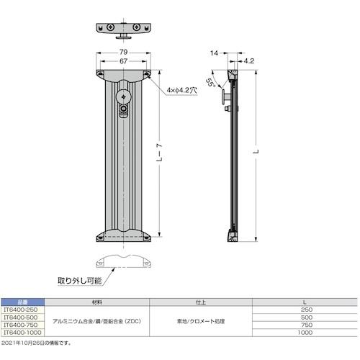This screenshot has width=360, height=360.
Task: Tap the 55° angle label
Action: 210,82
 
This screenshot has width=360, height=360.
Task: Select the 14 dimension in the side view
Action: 215,53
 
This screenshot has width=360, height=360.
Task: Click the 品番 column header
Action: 24,302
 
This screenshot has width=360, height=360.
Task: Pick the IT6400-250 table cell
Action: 24,310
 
